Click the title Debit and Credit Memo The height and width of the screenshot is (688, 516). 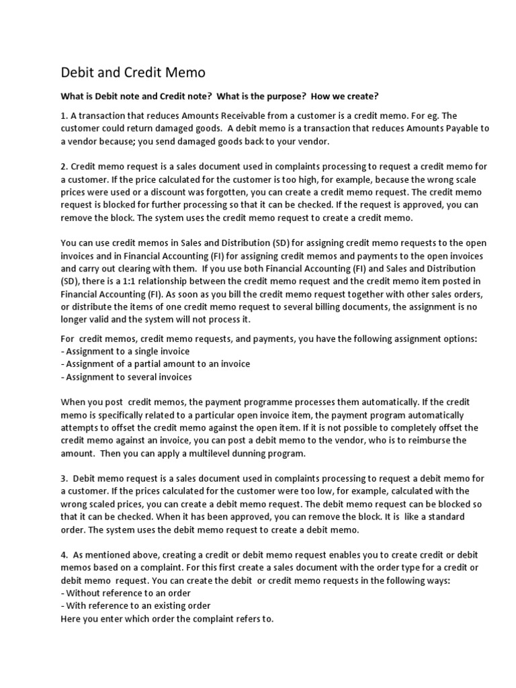click(x=133, y=72)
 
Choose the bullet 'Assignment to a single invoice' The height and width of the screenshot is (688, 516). click(x=125, y=351)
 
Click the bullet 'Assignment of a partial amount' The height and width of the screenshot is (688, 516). click(x=155, y=364)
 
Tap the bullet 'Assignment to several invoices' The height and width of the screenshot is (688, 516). click(x=126, y=376)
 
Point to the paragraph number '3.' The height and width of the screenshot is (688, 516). click(x=65, y=478)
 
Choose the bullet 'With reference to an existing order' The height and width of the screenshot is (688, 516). click(x=135, y=605)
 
